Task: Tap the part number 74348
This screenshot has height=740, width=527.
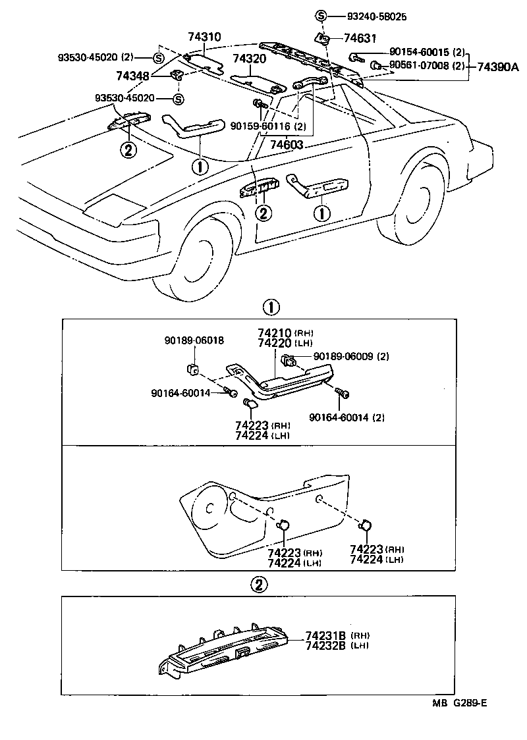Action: (132, 76)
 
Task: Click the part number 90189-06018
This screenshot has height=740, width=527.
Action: (194, 340)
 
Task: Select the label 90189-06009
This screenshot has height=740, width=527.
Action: (343, 356)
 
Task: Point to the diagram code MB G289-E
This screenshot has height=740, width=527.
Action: (459, 703)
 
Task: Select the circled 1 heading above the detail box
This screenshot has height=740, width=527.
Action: (271, 307)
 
